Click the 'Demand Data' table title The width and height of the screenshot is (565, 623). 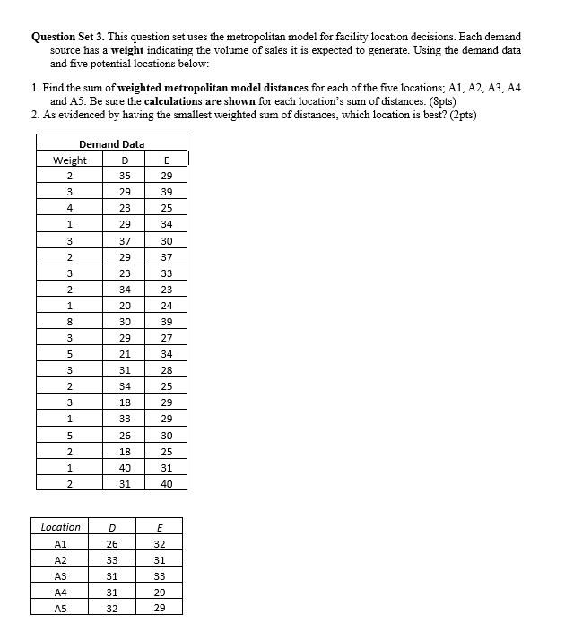point(111,144)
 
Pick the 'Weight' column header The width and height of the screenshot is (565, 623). point(70,160)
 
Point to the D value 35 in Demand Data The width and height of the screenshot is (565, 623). point(126,177)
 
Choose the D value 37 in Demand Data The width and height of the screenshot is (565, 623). point(126,241)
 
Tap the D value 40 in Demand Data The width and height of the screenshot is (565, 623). point(126,467)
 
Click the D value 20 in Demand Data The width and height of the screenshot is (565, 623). point(126,306)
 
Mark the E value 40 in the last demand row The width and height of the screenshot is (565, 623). point(167,484)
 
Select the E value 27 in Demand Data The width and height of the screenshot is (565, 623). point(167,338)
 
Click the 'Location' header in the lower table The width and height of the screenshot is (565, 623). point(61,527)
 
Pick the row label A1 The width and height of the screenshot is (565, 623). point(61,543)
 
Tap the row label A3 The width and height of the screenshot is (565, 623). point(61,575)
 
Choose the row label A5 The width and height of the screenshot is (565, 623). point(61,608)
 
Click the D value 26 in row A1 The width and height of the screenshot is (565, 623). point(111,543)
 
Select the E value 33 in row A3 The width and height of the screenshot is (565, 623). point(160,575)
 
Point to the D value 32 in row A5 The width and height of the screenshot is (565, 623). point(111,608)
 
